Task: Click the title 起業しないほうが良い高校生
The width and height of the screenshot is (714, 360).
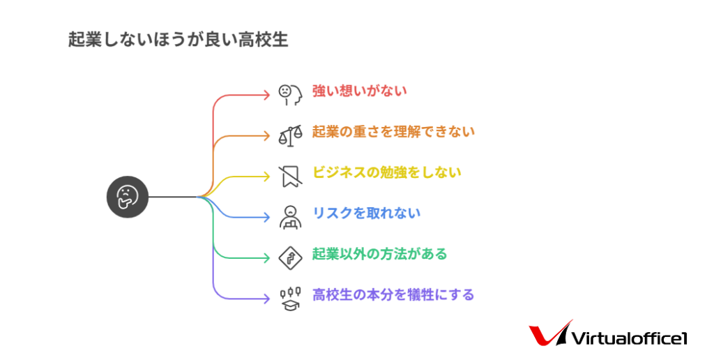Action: pos(178,40)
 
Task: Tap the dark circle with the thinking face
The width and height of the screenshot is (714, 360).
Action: pos(128,197)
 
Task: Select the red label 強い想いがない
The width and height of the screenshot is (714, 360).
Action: pos(359,91)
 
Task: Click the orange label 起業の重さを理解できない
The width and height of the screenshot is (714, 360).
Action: pos(393,132)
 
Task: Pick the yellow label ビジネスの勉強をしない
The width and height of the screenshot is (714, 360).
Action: pos(386,172)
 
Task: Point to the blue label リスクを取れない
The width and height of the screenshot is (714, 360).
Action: pos(366,213)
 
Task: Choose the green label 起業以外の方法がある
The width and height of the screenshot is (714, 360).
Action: pos(380,254)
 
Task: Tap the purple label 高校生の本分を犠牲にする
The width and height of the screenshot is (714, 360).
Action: pos(393,295)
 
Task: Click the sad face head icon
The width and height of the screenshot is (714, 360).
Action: pos(290,95)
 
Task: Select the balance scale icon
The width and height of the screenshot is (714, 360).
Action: pos(290,136)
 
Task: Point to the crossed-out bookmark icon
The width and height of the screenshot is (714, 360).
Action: pos(290,177)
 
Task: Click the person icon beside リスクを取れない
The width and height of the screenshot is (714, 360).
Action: pos(290,218)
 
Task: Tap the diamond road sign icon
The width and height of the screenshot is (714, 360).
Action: pos(290,258)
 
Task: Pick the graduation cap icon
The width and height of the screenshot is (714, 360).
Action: pos(290,299)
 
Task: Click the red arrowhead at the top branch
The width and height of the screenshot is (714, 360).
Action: pos(267,95)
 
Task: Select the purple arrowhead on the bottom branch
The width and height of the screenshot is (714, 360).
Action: pos(267,299)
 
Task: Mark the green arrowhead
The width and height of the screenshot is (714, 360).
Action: pos(267,258)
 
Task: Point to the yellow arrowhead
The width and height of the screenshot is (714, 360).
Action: pos(267,177)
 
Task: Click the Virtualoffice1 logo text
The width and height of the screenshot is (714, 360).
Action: pos(629,338)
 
